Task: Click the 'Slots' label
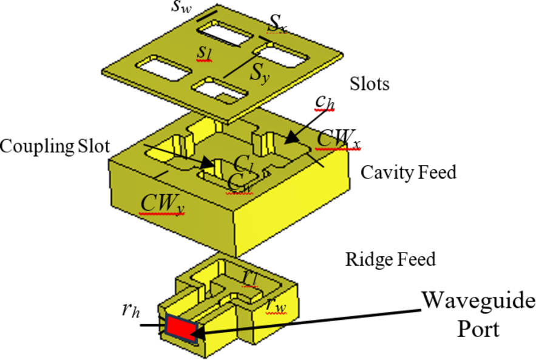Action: (369, 84)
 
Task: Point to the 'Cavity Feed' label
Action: (408, 172)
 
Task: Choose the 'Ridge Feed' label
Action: (390, 259)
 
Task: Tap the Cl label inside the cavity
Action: (242, 163)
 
